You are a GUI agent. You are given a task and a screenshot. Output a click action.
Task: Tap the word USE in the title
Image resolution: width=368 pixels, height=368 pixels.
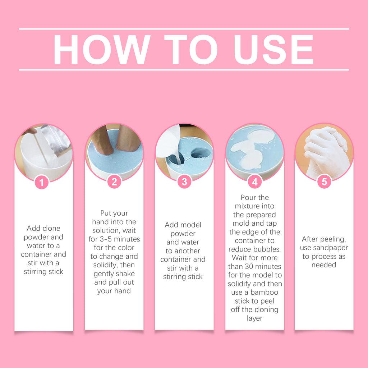tap(274, 49)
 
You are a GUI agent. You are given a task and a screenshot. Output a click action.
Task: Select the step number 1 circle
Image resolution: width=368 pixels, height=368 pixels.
tap(42, 182)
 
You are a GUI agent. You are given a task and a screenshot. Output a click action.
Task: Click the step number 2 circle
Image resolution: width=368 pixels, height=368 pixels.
tap(114, 181)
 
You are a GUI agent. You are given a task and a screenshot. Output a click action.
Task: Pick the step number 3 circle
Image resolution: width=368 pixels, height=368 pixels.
tap(184, 181)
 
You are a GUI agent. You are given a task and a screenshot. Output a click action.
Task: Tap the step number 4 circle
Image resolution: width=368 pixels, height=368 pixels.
tap(255, 181)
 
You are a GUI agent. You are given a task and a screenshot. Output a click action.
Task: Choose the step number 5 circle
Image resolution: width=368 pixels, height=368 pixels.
tap(324, 181)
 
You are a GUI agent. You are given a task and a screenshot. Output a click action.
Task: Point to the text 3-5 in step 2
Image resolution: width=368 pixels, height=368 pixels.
tap(106, 239)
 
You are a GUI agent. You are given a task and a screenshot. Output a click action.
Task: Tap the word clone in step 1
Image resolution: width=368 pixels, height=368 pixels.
tap(50, 228)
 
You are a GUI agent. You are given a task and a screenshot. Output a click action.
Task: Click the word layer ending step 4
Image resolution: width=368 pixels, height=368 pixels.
tap(255, 318)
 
